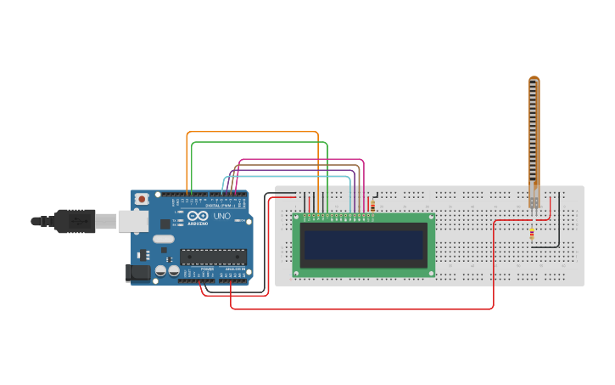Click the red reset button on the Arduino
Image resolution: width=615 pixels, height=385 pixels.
[x=141, y=199]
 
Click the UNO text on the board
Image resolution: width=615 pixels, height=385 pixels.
[x=221, y=217]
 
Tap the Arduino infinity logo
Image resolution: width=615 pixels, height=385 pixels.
[x=198, y=218]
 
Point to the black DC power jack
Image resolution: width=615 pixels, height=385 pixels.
[x=137, y=273]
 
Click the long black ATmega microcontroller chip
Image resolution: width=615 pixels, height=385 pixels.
[x=212, y=256]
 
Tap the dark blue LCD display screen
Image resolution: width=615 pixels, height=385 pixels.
[x=364, y=245]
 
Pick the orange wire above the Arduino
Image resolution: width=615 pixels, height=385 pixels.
[x=254, y=133]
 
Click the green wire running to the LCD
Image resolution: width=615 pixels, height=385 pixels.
[x=254, y=143]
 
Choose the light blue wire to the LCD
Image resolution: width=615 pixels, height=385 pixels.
[x=288, y=177]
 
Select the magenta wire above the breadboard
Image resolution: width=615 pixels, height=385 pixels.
[x=297, y=159]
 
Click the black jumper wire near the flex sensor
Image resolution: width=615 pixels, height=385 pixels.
[x=558, y=221]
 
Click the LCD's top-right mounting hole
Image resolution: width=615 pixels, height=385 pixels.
[x=430, y=218]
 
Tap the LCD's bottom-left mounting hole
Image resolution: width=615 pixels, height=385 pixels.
[x=297, y=273]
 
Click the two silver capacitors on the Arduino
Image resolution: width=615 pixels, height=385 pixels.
[x=166, y=271]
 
